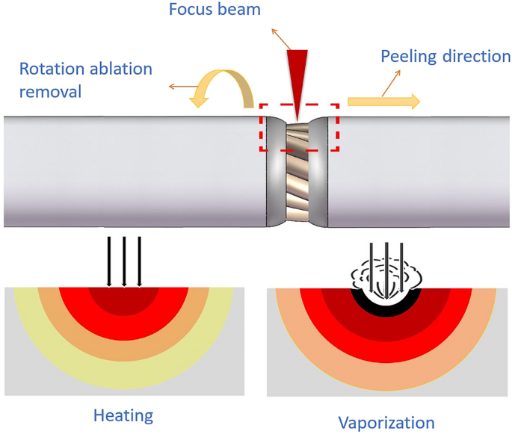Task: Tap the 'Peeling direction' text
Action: coord(445,57)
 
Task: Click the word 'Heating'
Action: coord(123,415)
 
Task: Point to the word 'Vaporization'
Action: coord(386,422)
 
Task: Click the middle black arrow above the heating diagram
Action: coord(124,261)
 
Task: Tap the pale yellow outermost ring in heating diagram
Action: coord(30,329)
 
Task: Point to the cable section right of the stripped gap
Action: coord(419,172)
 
